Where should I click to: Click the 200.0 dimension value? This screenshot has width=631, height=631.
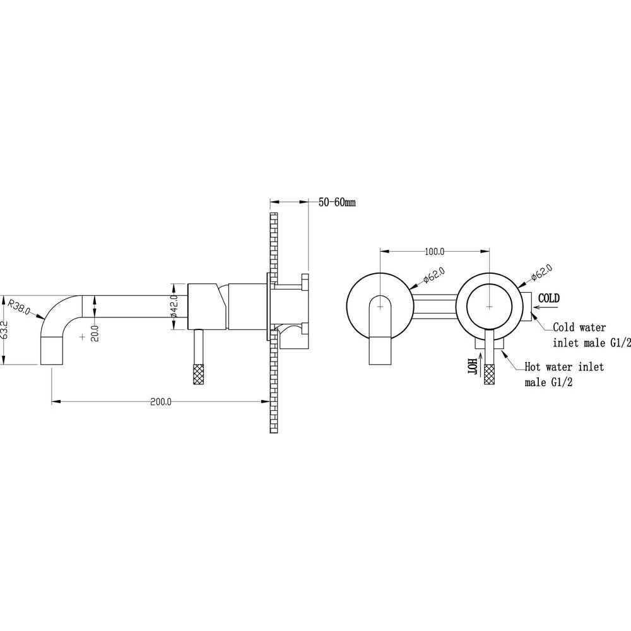160,401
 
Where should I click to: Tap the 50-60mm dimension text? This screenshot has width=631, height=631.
337,202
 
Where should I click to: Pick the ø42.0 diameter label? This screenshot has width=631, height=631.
174,306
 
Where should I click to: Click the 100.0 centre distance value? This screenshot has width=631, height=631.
435,252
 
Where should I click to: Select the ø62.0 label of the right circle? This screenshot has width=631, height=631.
541,273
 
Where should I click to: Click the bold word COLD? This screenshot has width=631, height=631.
549,298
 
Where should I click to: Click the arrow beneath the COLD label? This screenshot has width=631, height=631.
545,309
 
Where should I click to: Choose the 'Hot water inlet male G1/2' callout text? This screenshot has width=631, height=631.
564,374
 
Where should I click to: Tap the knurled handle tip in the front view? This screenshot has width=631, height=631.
490,374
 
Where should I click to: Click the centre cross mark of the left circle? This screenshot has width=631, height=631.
380,307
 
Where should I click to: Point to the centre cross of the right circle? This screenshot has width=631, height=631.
489,307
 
